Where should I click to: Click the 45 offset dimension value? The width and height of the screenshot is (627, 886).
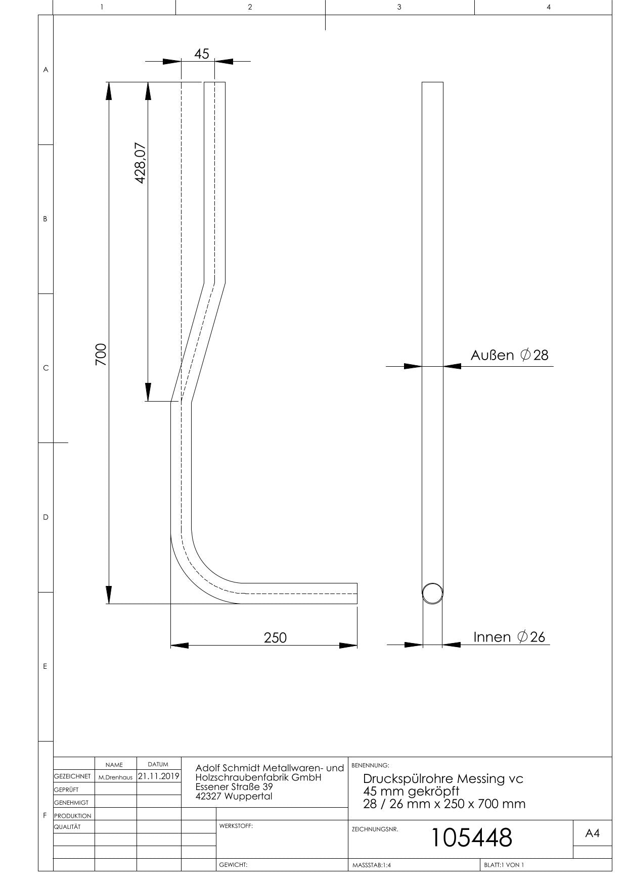click(x=201, y=54)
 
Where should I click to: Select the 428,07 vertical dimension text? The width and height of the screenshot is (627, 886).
click(x=141, y=163)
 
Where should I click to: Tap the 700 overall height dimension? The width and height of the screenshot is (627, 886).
click(x=101, y=354)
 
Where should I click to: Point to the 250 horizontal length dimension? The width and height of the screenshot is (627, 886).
click(x=275, y=637)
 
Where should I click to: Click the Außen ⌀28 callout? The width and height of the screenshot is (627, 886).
click(x=509, y=355)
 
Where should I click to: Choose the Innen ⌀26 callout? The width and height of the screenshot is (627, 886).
click(x=509, y=637)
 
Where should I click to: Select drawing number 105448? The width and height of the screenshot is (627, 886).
click(x=471, y=838)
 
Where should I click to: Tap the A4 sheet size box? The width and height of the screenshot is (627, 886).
click(x=592, y=833)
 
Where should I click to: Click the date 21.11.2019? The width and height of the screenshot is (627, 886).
click(x=159, y=776)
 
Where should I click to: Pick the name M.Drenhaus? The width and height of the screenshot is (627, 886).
click(x=115, y=777)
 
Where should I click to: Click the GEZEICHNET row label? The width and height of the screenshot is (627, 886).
click(x=72, y=776)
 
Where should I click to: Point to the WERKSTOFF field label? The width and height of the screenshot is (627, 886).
click(x=236, y=826)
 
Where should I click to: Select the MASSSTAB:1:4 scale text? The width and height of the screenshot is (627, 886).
click(x=372, y=865)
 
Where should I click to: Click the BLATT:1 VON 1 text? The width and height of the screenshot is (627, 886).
click(x=504, y=865)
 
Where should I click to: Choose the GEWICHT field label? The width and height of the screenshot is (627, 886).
click(x=233, y=865)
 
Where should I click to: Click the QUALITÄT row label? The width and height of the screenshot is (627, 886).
click(x=67, y=827)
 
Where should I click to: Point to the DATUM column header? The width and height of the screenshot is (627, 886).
click(x=158, y=764)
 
